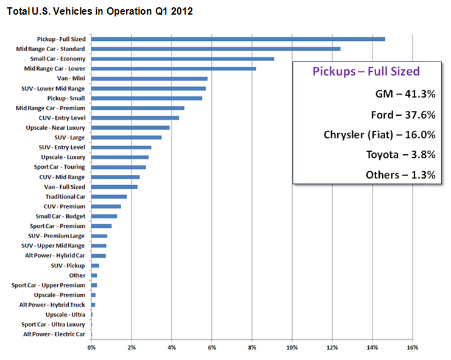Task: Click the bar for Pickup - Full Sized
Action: (238, 39)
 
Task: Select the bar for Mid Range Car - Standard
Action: (215, 49)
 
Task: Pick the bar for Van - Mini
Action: (149, 79)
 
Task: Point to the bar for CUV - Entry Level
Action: (135, 118)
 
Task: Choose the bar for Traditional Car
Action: (109, 197)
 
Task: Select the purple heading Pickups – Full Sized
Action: (366, 71)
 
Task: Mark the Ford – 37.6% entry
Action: (403, 115)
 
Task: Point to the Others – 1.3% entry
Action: (400, 175)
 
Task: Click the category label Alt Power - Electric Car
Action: (54, 334)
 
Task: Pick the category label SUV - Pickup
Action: (68, 266)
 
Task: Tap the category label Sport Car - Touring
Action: (60, 167)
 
